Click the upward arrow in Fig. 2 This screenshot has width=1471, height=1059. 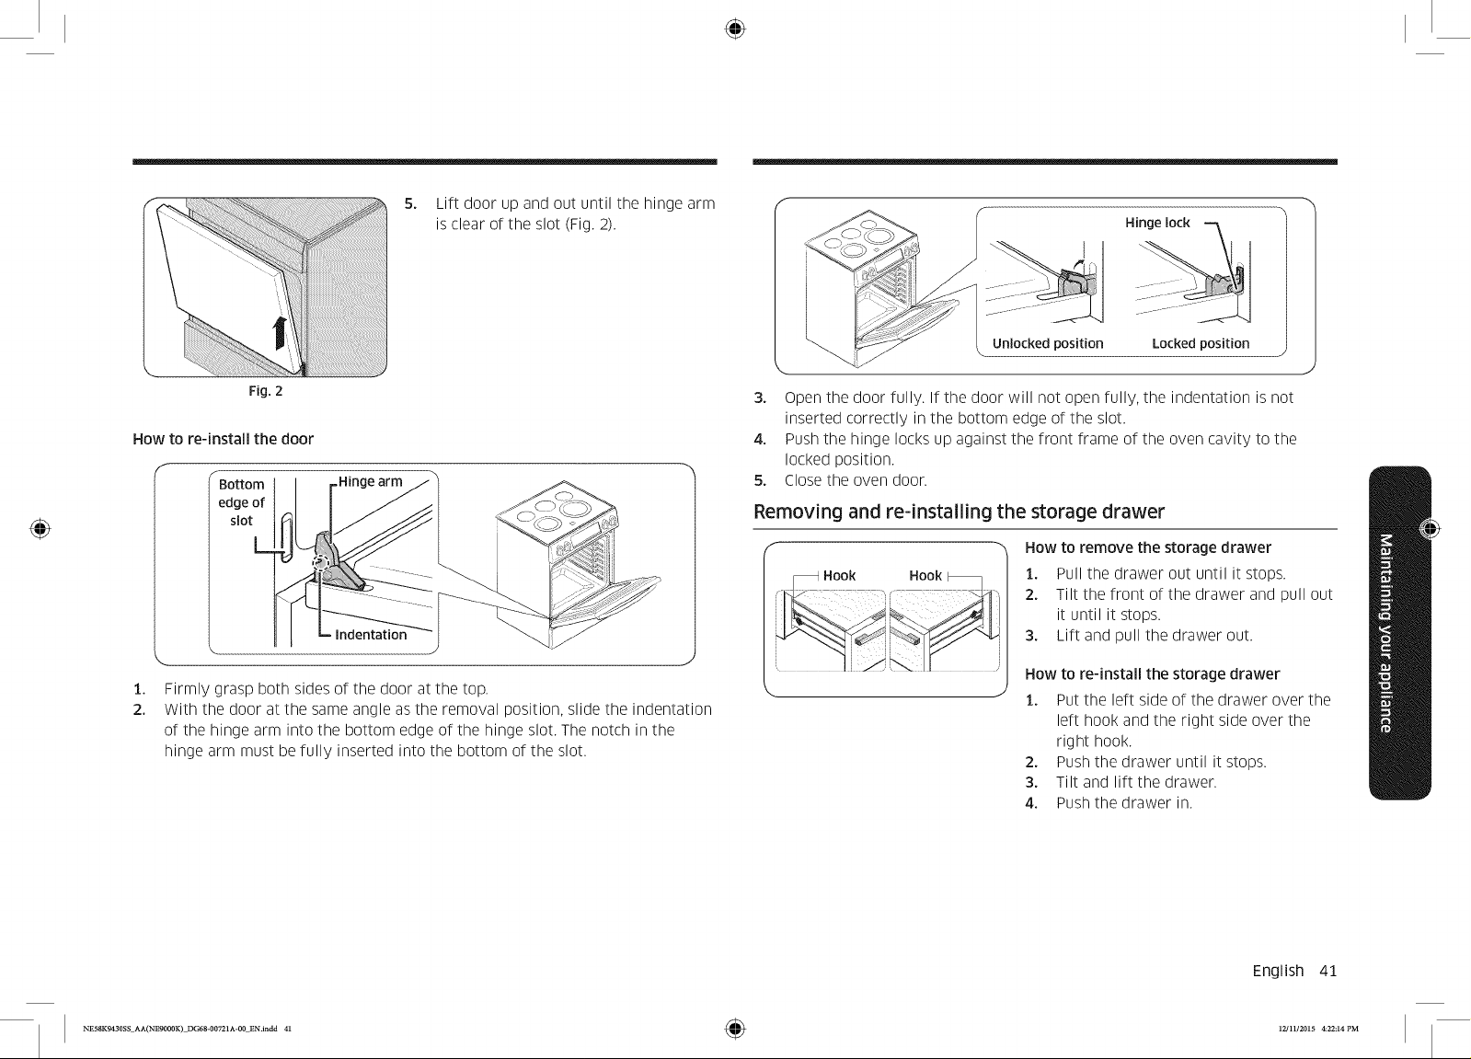(x=280, y=333)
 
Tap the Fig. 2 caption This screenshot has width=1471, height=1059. (x=265, y=392)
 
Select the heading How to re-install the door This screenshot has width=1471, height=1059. (x=224, y=439)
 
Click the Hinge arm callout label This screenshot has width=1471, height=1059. (x=371, y=481)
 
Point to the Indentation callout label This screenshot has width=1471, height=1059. (x=371, y=635)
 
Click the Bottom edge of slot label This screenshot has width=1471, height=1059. (x=241, y=502)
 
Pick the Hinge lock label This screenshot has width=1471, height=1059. (x=1157, y=223)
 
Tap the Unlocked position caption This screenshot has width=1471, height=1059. (x=1048, y=343)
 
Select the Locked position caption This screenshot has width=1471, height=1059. (x=1201, y=343)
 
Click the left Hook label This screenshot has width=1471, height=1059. (x=839, y=575)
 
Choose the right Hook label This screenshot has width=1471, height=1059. (x=925, y=575)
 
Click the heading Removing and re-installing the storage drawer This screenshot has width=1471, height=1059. (x=959, y=512)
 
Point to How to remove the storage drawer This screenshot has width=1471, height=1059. (x=1148, y=547)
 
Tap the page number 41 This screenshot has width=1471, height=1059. (x=1327, y=971)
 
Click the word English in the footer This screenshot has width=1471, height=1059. (x=1278, y=971)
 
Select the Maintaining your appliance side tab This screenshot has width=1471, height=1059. (x=1399, y=633)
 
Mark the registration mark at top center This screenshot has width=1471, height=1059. (x=735, y=29)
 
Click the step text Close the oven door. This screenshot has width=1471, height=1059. (x=856, y=480)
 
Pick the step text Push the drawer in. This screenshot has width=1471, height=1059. (x=1123, y=803)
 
